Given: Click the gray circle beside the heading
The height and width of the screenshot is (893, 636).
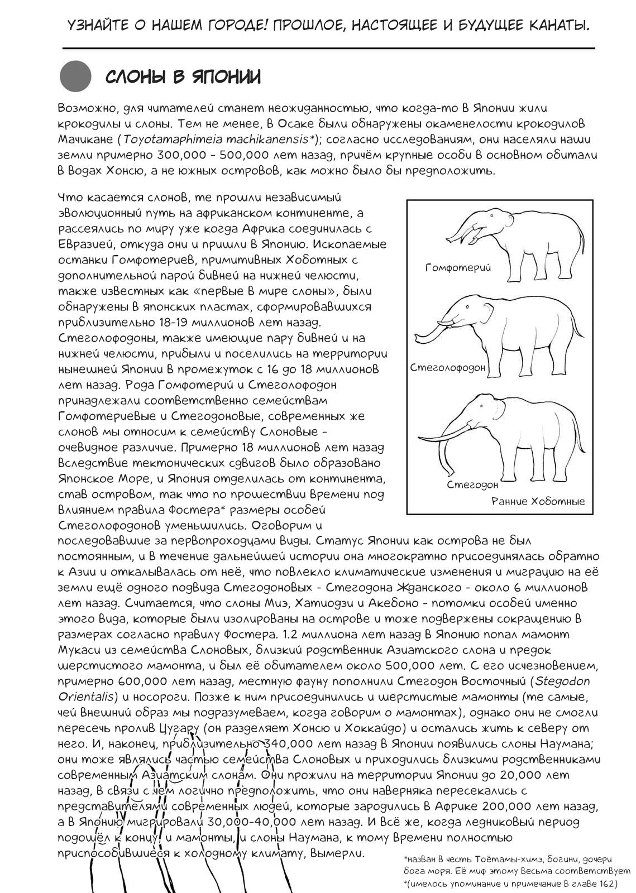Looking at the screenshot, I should [x=76, y=76].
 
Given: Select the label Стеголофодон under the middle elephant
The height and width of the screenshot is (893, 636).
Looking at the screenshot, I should [x=448, y=368].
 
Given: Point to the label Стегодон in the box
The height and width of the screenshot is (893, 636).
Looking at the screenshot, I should [x=472, y=484].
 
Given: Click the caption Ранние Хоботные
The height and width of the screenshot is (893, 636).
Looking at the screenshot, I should [x=538, y=501].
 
